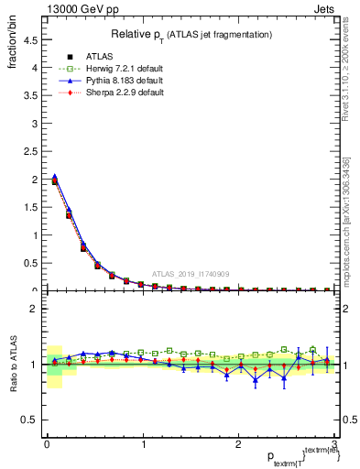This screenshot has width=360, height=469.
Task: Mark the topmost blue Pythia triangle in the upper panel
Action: click(55, 177)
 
